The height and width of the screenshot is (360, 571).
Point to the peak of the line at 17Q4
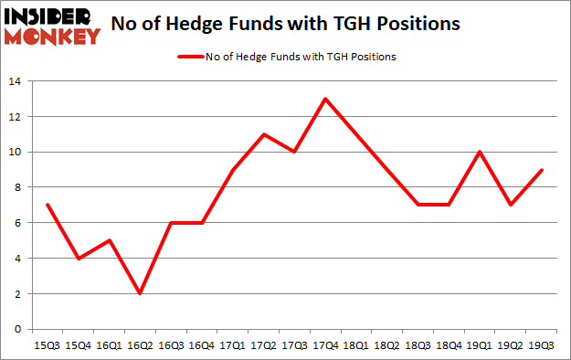click(x=325, y=99)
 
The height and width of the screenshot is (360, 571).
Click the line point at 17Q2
click(x=264, y=134)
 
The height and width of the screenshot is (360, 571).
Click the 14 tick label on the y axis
click(x=16, y=81)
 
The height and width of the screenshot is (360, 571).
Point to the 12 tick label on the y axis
click(x=16, y=117)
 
